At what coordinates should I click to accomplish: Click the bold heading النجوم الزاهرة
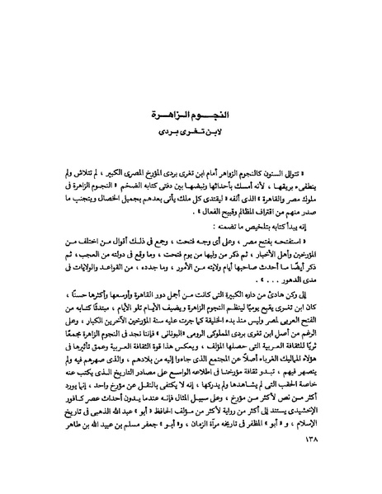point(191,115)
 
